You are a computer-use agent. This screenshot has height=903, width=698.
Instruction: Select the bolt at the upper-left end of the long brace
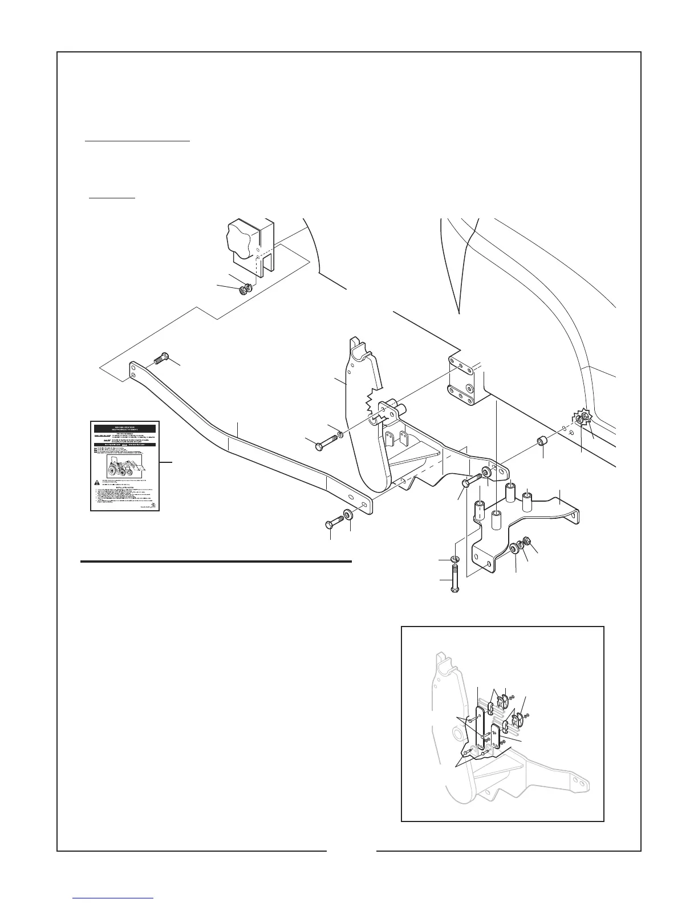point(160,359)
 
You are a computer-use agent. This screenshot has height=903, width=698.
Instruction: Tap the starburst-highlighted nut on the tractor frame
point(582,420)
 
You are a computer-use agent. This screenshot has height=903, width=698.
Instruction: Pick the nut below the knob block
point(244,289)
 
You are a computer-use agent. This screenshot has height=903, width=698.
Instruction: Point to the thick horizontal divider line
point(216,562)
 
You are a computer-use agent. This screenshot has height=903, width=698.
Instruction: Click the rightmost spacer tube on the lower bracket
point(527,501)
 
